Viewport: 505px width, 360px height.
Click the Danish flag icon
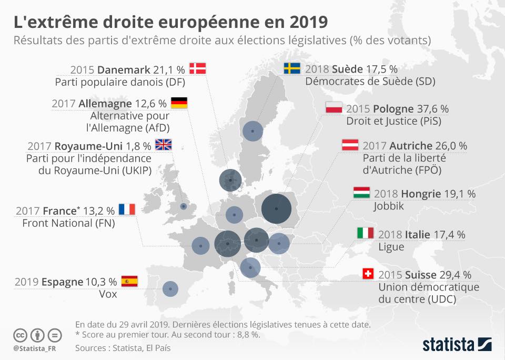pyautogui.click(x=198, y=68)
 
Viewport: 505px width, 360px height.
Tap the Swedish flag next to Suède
pyautogui.click(x=292, y=68)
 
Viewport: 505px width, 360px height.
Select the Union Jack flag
pyautogui.click(x=163, y=144)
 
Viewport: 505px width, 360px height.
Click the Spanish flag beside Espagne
pyautogui.click(x=129, y=281)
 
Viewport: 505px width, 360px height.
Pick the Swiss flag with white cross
pyautogui.click(x=368, y=274)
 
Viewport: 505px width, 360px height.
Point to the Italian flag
pyautogui.click(x=365, y=233)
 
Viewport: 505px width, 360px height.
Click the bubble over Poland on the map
pyautogui.click(x=276, y=208)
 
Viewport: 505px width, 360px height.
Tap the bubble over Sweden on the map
pyautogui.click(x=252, y=131)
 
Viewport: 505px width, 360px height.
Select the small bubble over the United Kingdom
pyautogui.click(x=183, y=206)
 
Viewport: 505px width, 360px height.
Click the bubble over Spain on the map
pyautogui.click(x=170, y=288)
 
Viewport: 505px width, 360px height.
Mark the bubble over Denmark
pyautogui.click(x=230, y=180)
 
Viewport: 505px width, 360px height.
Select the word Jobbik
pyautogui.click(x=389, y=206)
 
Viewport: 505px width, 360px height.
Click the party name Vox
pyautogui.click(x=108, y=294)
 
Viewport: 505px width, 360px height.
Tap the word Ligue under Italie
pyautogui.click(x=391, y=247)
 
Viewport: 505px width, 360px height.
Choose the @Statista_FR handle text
pyautogui.click(x=33, y=348)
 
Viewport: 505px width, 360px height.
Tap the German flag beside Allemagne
pyautogui.click(x=179, y=103)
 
